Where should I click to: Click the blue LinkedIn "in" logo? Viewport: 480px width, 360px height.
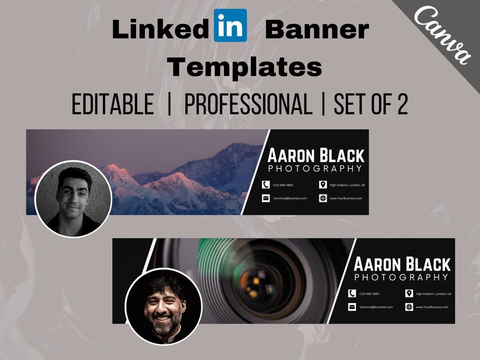tap(230, 26)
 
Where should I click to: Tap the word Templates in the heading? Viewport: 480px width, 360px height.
tap(244, 67)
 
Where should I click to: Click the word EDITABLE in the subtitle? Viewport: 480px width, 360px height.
tap(113, 105)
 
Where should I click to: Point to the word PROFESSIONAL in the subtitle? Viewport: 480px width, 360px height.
tap(248, 105)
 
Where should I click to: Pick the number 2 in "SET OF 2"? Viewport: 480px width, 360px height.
tap(402, 105)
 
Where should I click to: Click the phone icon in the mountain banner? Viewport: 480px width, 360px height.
tap(266, 185)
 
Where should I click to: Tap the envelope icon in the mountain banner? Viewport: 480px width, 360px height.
tap(266, 198)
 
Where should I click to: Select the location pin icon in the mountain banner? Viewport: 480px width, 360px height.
tap(323, 185)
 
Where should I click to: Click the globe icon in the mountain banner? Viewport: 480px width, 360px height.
tap(323, 198)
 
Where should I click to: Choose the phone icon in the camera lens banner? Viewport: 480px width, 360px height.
tap(352, 294)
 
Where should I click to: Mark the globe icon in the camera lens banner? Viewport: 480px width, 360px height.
tap(409, 307)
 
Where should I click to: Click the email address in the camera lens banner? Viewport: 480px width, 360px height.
tap(376, 307)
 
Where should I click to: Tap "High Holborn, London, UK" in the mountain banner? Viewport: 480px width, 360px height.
tap(347, 185)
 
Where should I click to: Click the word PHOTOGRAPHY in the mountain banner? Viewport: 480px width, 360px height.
tap(316, 169)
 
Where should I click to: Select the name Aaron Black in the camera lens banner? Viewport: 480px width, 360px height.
tap(402, 264)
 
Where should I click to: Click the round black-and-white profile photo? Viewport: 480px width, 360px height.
tap(72, 199)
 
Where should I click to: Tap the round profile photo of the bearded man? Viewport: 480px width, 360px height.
tap(164, 307)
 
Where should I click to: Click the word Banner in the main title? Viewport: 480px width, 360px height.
tap(317, 29)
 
